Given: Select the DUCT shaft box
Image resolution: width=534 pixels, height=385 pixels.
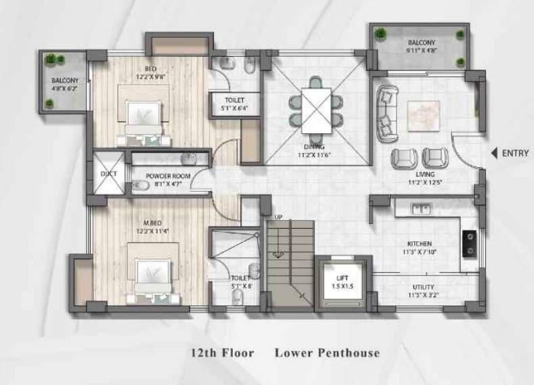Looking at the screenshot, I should pos(108,174).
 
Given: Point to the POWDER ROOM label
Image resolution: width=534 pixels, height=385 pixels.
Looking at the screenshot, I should pos(168,179).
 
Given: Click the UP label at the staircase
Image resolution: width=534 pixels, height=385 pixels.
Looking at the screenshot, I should pos(278,217).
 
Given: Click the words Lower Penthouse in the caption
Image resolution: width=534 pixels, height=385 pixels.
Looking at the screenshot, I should pos(327,353).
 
